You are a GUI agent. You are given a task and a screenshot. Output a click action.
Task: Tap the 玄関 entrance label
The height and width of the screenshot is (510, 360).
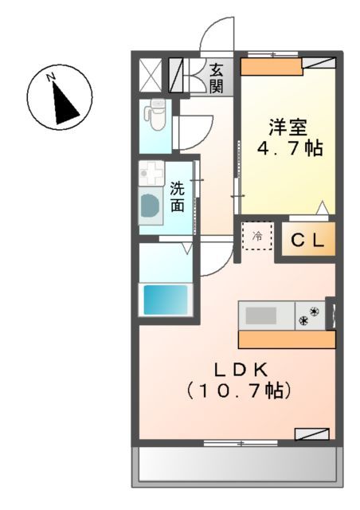click(217, 78)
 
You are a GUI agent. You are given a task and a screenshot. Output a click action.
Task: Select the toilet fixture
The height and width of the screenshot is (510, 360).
click(155, 113)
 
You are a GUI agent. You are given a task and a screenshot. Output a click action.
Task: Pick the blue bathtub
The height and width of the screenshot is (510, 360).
click(165, 300)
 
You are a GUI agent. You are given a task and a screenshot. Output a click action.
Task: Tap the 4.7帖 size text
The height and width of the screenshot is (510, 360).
click(288, 148)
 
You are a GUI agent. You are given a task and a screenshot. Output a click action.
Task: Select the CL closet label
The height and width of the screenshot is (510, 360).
click(306, 241)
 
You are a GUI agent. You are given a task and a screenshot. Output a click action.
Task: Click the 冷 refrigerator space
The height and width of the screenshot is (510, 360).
click(257, 236)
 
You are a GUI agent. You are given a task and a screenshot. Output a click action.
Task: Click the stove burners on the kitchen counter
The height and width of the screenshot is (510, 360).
click(309, 316)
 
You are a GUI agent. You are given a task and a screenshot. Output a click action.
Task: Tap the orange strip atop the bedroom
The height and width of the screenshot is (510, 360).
click(272, 66)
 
